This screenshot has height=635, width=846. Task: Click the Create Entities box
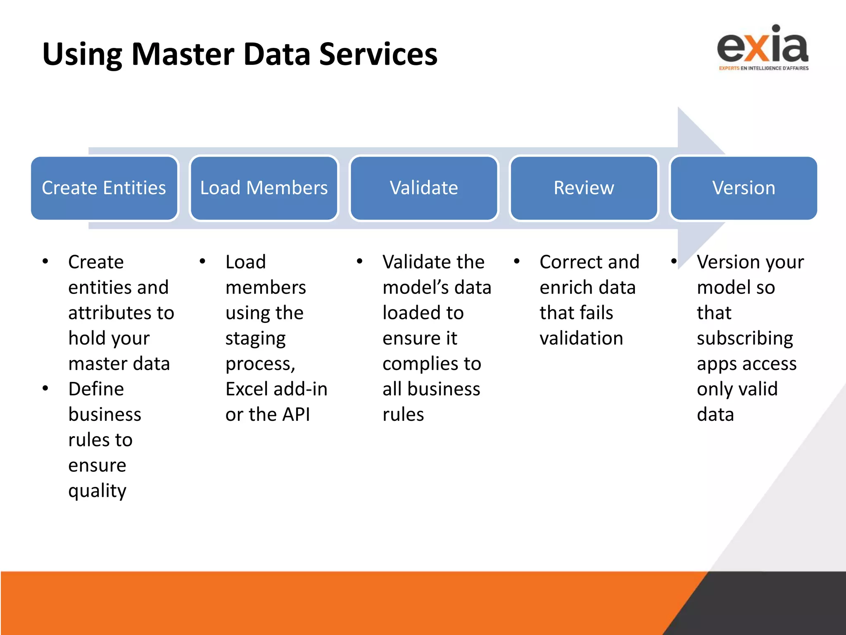point(104,188)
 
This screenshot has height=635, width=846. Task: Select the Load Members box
point(264,188)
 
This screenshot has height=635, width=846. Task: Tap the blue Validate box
point(424,188)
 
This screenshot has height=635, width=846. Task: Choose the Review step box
point(584,188)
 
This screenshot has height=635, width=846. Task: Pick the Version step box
point(744,188)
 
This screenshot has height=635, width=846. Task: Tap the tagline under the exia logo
point(763,68)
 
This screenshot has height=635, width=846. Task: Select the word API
point(296,415)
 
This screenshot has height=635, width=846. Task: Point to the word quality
point(97,491)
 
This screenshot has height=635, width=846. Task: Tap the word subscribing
point(745,339)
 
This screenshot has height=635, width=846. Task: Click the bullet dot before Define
point(45,388)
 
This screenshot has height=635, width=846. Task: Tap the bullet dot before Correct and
point(517,261)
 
